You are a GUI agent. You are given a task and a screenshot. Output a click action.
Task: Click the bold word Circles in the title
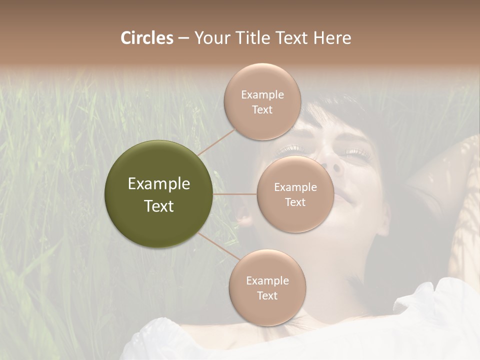pos(147,37)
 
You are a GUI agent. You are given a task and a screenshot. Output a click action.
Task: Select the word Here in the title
pos(332,37)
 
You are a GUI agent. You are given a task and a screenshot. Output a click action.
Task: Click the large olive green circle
pos(159,194)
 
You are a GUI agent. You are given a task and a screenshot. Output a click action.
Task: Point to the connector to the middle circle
pos(234,194)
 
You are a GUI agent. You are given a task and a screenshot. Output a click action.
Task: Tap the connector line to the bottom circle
pos(220,247)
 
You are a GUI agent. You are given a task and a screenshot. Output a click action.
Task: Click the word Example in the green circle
pos(159,184)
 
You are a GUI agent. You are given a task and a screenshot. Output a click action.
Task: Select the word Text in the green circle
pos(159,206)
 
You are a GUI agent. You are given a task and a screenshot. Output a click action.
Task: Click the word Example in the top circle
pos(262,94)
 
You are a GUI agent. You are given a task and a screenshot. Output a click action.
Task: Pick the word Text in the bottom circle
pos(267,295)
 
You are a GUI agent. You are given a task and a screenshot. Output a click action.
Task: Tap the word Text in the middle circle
pos(295,202)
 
